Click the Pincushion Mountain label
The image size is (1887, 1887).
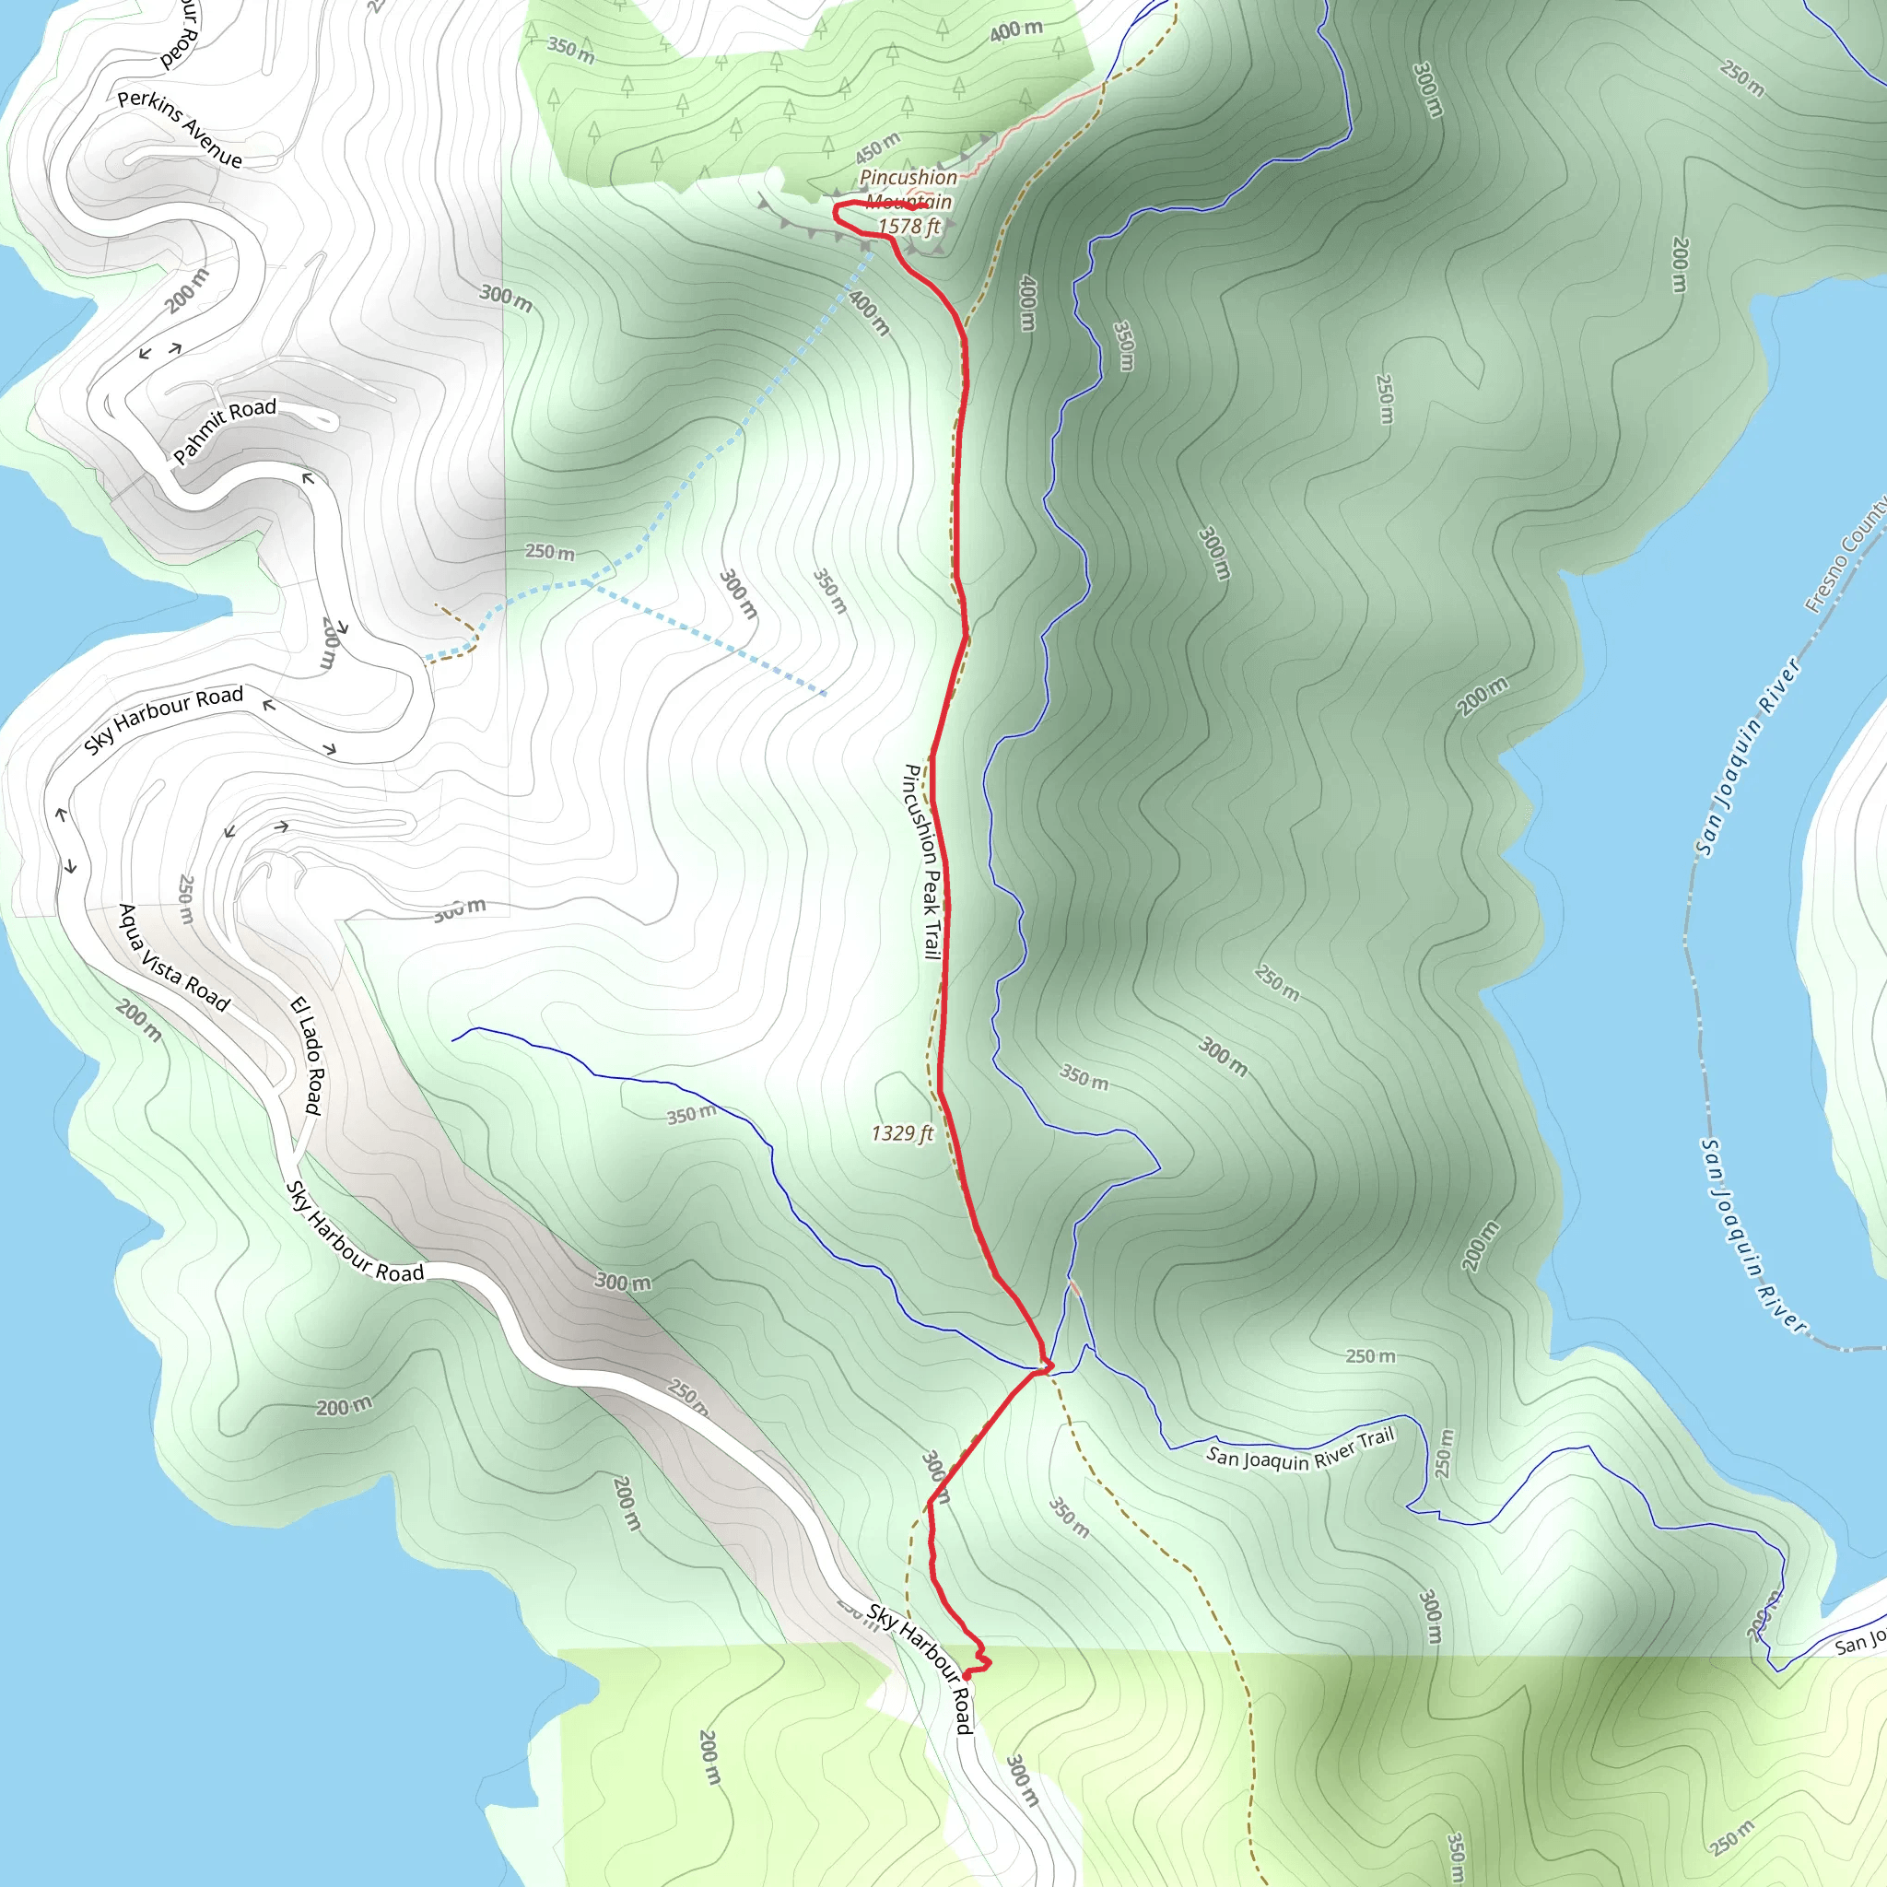point(908,189)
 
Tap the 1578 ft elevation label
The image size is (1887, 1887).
point(908,227)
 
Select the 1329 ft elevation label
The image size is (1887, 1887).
point(901,1133)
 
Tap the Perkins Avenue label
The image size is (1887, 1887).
point(180,128)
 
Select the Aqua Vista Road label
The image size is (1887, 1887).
point(174,958)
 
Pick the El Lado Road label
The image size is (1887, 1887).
point(307,1055)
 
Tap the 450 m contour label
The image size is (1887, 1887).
point(876,147)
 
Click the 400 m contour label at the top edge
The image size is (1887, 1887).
point(1015,31)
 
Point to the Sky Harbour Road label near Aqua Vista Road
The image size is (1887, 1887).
point(355,1232)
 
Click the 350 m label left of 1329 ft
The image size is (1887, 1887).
point(690,1115)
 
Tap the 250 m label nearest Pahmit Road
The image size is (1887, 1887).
point(550,552)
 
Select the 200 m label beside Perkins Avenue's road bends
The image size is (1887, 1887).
point(186,291)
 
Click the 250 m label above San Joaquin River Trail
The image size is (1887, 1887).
point(1370,1355)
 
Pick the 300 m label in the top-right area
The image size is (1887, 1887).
point(1427,90)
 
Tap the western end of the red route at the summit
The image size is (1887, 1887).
point(835,208)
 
